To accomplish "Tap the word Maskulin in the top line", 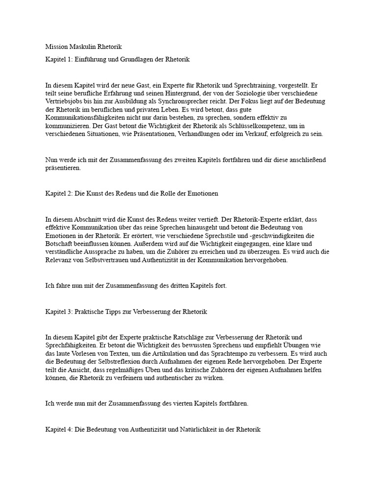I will pyautogui.click(x=82, y=47).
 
